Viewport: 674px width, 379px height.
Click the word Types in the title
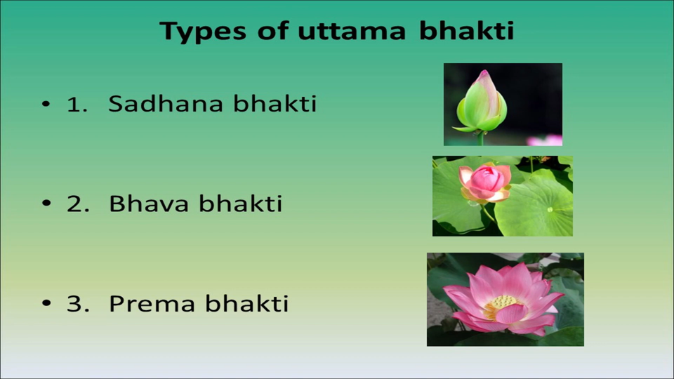point(203,32)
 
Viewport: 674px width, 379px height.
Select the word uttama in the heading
point(352,31)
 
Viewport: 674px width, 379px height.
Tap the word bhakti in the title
point(466,29)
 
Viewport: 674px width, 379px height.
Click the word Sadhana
point(166,104)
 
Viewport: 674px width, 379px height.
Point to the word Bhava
point(149,204)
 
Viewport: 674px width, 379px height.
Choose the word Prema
point(152,303)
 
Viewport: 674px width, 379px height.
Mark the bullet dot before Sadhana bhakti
point(46,104)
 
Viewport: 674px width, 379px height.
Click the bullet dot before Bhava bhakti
point(46,204)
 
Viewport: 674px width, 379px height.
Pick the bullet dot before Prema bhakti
point(46,303)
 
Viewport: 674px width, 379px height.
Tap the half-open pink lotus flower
point(485,183)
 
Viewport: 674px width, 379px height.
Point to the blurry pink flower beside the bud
point(545,140)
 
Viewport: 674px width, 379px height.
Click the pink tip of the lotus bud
point(484,74)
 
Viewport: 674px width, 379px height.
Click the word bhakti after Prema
point(246,303)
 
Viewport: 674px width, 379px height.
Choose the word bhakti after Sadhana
point(275,103)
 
